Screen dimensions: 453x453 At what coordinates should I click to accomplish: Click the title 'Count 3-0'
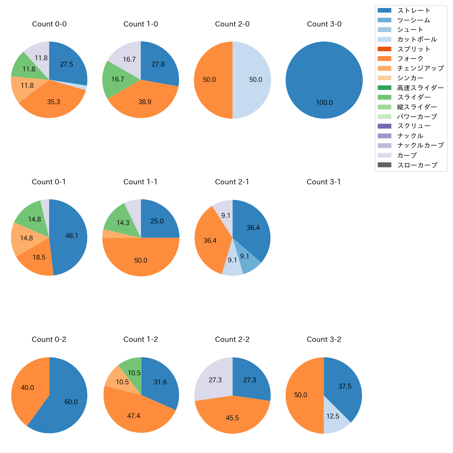point(324,24)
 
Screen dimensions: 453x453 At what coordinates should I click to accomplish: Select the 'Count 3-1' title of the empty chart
point(324,182)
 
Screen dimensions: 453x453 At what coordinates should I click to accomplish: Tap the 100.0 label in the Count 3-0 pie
point(324,103)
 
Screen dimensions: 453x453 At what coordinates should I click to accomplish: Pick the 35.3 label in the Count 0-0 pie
point(54,102)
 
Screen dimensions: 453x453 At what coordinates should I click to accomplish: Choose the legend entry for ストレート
point(414,10)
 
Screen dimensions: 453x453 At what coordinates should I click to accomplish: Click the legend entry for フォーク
point(410,59)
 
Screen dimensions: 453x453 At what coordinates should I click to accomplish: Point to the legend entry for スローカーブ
point(417,165)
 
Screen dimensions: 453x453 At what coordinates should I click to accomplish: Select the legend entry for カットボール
point(417,39)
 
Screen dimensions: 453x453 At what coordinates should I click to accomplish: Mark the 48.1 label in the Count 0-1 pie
point(72,236)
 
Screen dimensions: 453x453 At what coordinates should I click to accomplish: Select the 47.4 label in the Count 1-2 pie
point(134,416)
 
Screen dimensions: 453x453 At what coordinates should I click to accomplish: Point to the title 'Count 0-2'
point(49,339)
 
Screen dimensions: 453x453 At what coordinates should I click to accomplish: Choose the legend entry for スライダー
point(414,97)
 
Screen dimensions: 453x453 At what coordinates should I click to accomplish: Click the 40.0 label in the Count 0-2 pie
point(28,388)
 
